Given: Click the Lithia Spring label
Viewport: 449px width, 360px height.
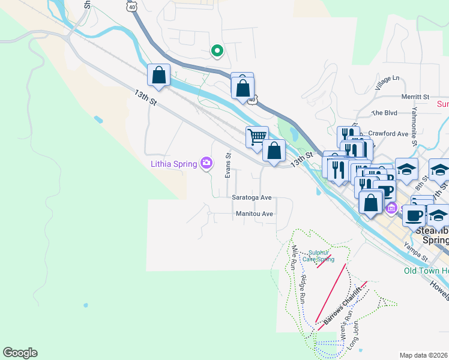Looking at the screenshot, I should [174, 164].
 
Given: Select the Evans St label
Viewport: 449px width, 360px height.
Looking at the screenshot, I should [228, 164].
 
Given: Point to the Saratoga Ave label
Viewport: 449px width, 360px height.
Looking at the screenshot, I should [252, 197].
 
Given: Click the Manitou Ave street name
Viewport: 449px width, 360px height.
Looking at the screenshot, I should [255, 213].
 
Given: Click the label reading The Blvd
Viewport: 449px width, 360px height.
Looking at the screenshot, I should [385, 112].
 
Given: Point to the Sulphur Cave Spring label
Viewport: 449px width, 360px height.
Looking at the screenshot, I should [318, 256].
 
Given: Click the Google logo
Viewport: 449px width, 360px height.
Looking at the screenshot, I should [20, 353].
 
